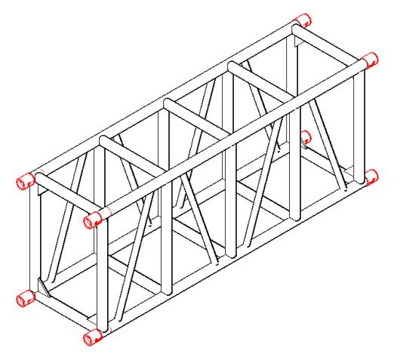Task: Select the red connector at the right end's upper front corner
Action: (369, 60)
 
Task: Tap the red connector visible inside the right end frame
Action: (306, 138)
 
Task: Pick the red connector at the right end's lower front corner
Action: (371, 176)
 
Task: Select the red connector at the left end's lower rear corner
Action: (26, 298)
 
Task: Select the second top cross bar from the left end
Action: (131, 157)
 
